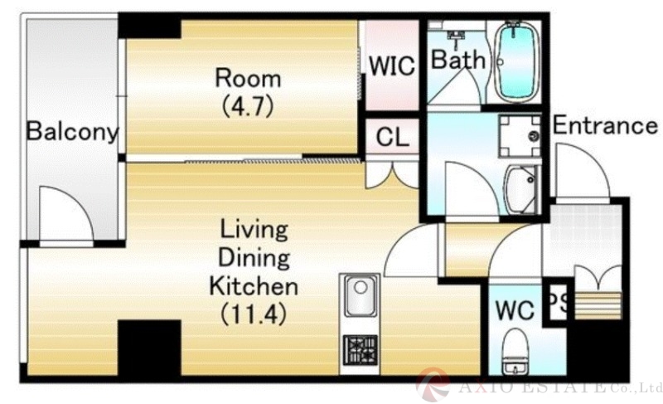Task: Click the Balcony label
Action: pyautogui.click(x=72, y=132)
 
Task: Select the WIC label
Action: pyautogui.click(x=392, y=66)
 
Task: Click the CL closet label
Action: pyautogui.click(x=392, y=137)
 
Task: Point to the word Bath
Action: pyautogui.click(x=458, y=60)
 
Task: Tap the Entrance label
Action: pyautogui.click(x=605, y=125)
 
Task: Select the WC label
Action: pyautogui.click(x=515, y=310)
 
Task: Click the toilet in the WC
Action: pyautogui.click(x=515, y=351)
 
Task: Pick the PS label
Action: pyautogui.click(x=559, y=303)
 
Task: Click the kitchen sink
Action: pyautogui.click(x=361, y=295)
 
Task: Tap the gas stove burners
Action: pyautogui.click(x=360, y=350)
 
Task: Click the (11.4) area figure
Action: pyautogui.click(x=254, y=314)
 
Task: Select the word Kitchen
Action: pyautogui.click(x=254, y=286)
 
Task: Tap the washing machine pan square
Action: pyautogui.click(x=520, y=136)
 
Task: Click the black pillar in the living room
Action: pyautogui.click(x=149, y=348)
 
